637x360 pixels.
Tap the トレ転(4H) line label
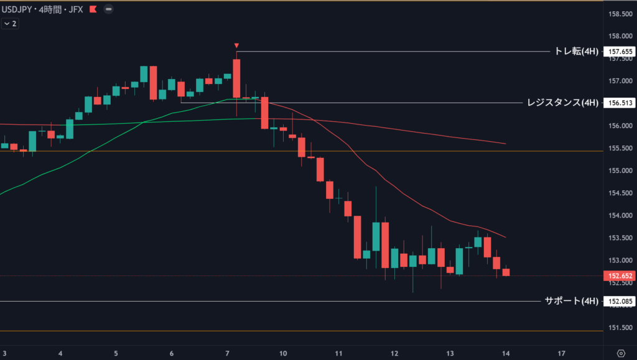point(575,52)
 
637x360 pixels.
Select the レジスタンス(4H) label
point(562,103)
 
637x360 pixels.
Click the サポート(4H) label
point(570,302)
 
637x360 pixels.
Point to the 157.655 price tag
point(620,52)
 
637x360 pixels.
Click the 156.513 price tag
point(620,103)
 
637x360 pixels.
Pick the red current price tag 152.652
point(620,275)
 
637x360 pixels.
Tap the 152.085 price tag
point(620,302)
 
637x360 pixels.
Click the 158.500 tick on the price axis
point(620,14)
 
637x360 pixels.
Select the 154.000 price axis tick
point(620,216)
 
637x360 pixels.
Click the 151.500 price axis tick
point(620,328)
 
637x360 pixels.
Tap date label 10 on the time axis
point(283,353)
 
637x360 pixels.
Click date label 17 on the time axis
point(562,353)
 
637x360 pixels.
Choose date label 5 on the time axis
point(116,353)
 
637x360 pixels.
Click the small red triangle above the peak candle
point(236,45)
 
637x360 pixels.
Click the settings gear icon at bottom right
point(620,353)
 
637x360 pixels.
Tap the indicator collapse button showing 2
point(10,24)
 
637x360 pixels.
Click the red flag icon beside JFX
point(93,10)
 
